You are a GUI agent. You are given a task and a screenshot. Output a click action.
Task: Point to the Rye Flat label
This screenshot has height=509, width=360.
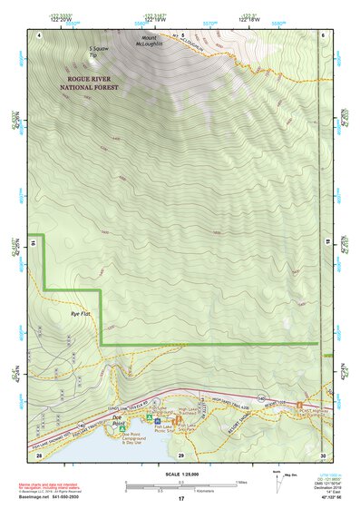coord(81,313)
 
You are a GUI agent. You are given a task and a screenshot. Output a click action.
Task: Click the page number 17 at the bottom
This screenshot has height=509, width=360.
coord(180,499)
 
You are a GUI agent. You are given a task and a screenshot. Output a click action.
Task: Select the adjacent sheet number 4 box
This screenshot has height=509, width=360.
coord(40,34)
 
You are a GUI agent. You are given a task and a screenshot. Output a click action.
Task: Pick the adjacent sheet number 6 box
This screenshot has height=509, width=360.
coord(323,34)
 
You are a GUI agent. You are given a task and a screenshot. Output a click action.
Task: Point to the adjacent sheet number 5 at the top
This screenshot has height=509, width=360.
coord(181,34)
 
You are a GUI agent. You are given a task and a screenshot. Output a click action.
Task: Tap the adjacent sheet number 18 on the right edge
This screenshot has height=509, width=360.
coord(323,244)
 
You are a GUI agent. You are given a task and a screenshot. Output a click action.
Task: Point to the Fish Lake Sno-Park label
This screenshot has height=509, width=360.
coord(191,424)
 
